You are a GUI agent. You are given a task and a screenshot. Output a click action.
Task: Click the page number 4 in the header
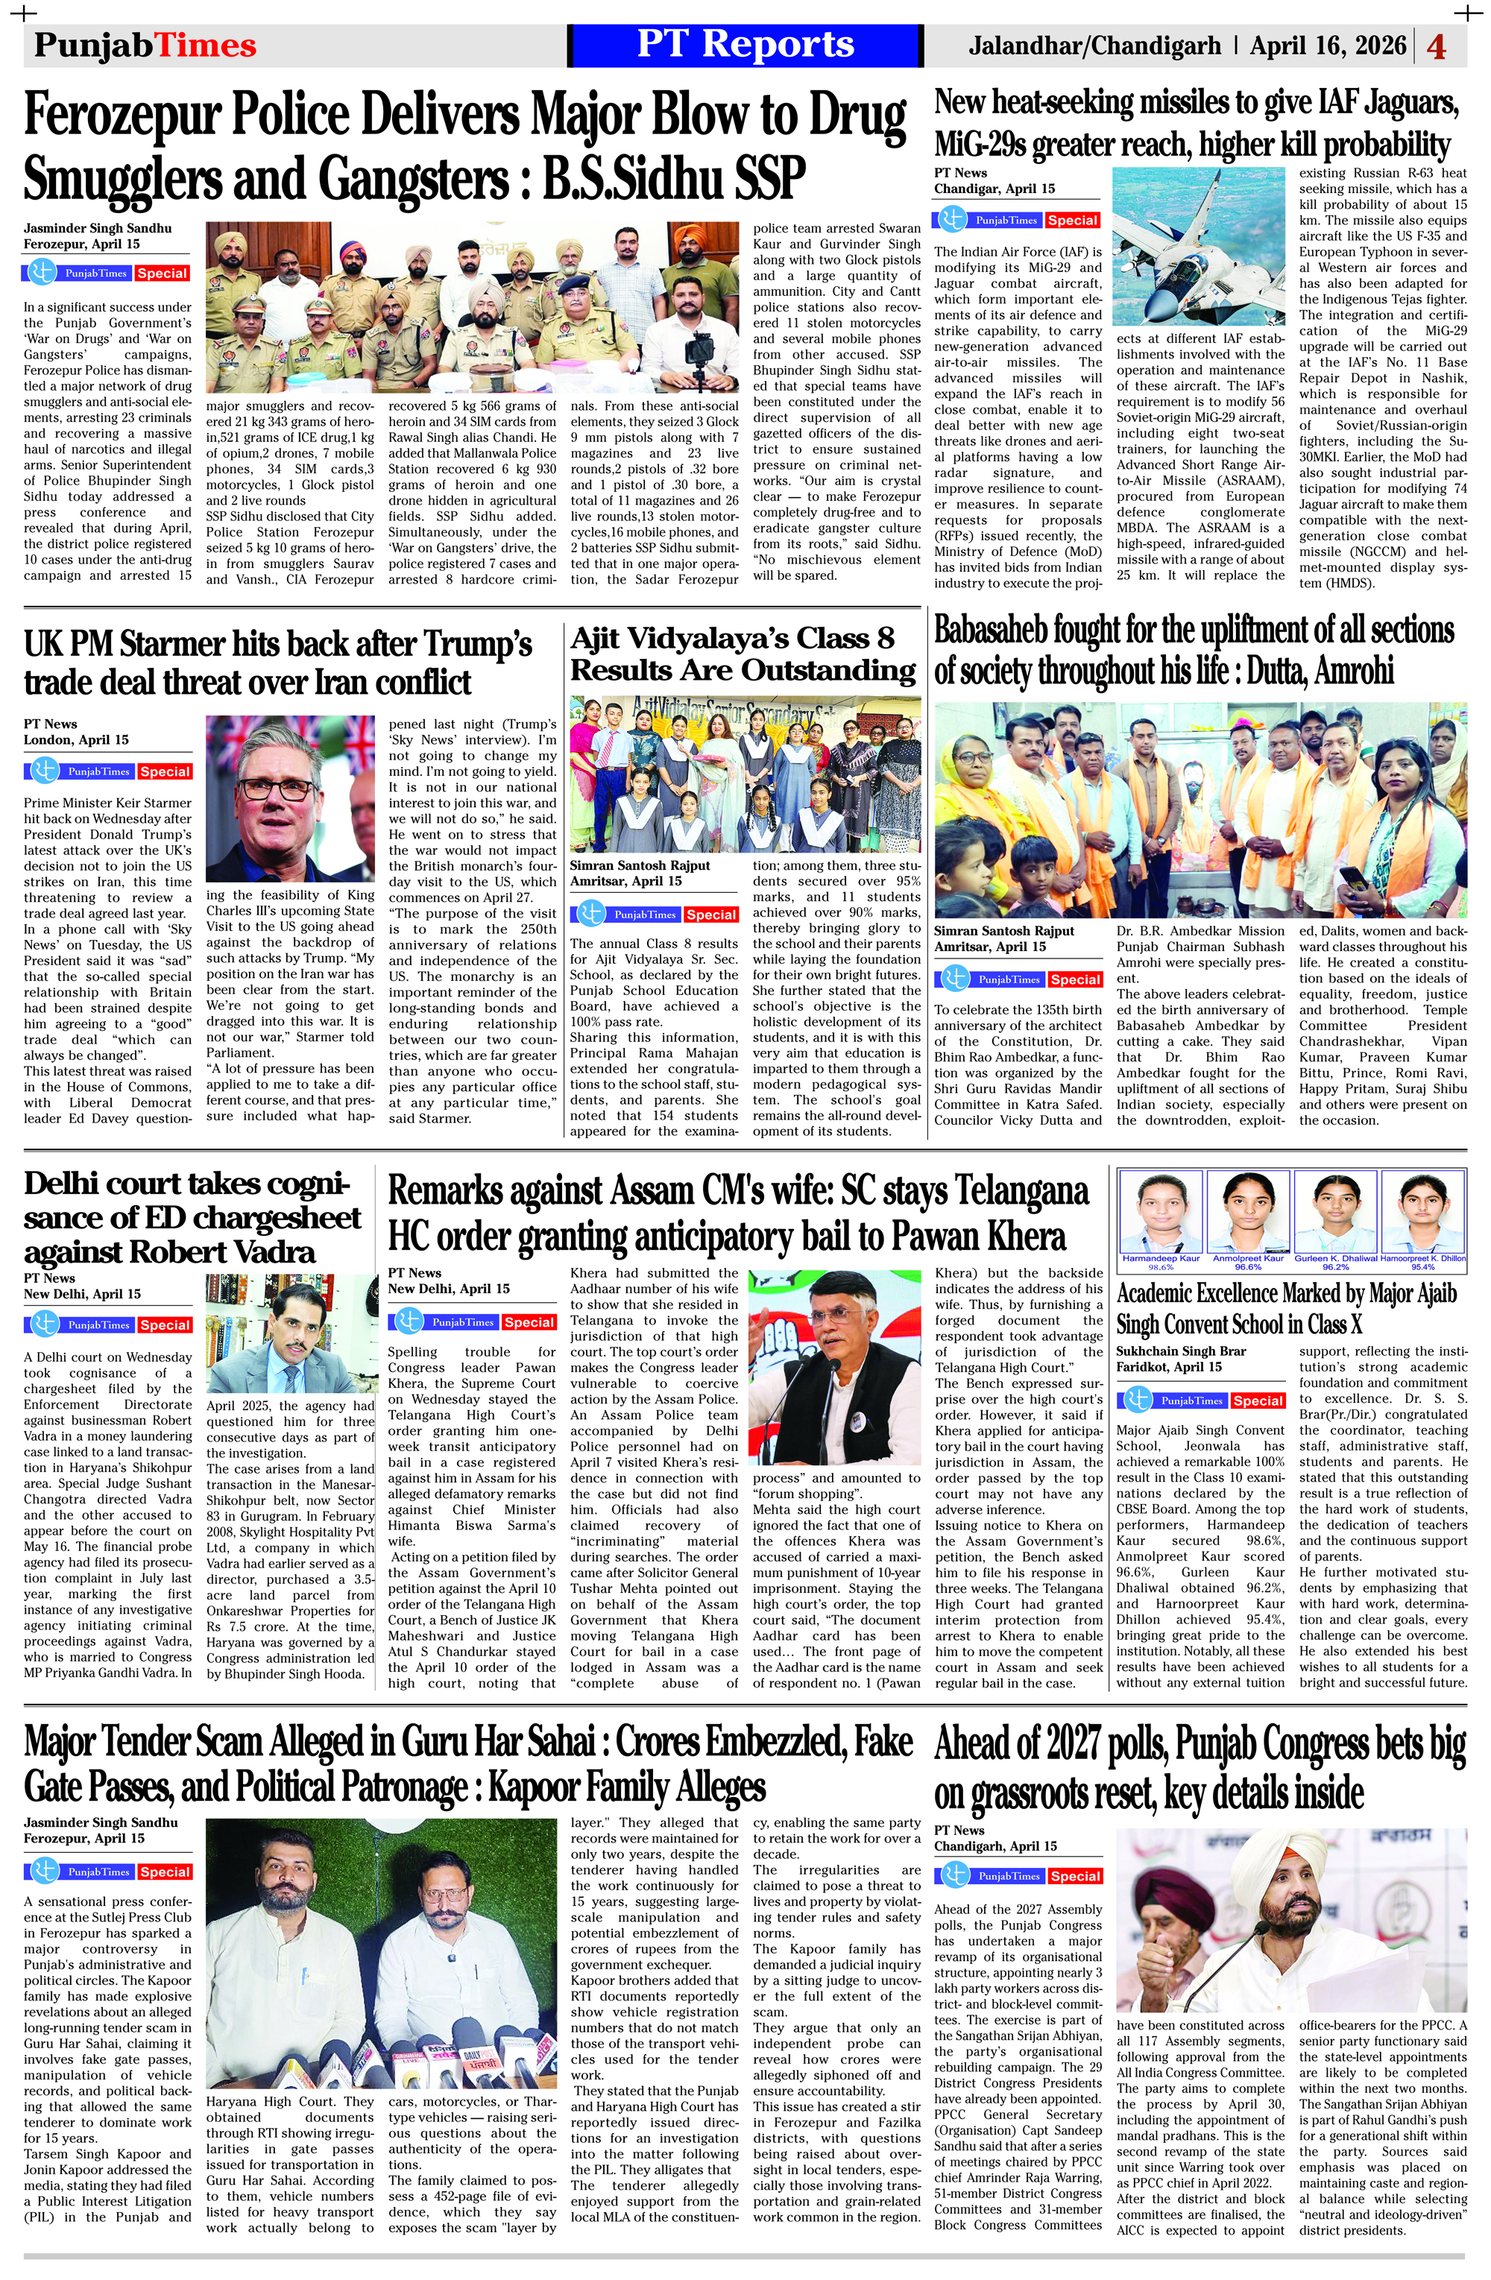pyautogui.click(x=1435, y=46)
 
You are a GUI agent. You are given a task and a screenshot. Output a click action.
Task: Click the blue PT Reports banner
pyautogui.click(x=745, y=45)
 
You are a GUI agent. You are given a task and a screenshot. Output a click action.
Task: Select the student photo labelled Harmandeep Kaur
pyautogui.click(x=1161, y=1213)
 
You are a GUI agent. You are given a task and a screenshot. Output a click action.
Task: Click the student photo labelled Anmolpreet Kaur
pyautogui.click(x=1246, y=1213)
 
